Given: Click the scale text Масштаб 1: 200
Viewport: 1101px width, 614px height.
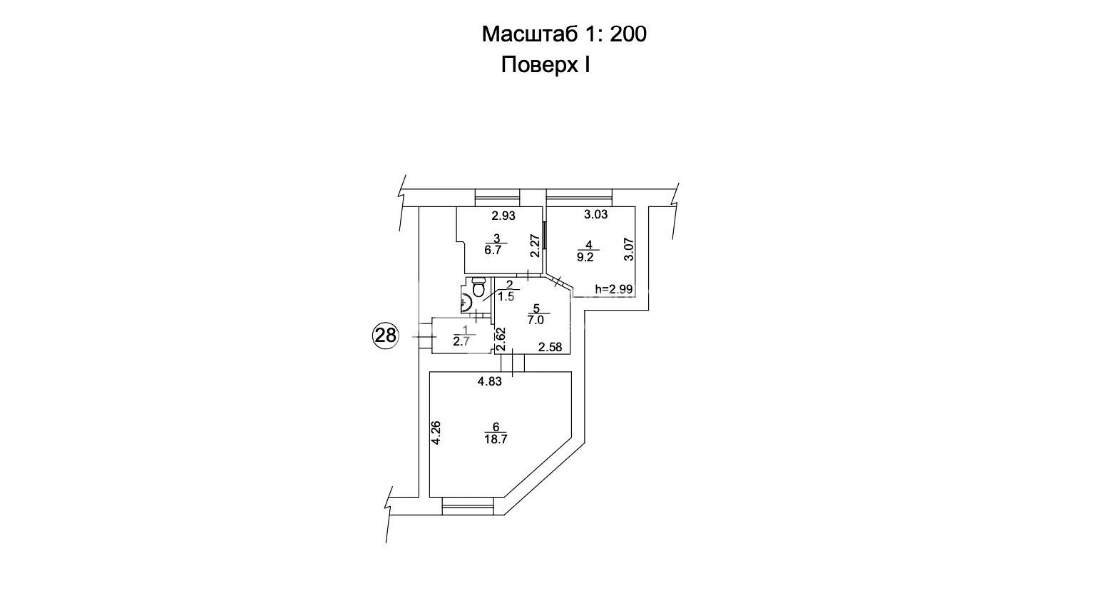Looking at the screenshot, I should [564, 34].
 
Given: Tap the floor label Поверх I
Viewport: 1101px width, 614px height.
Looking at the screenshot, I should [546, 66].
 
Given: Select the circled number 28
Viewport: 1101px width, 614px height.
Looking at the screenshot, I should [386, 335].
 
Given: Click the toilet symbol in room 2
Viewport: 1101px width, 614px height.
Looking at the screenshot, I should [478, 289].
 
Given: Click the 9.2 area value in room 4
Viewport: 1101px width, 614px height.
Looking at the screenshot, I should [585, 258].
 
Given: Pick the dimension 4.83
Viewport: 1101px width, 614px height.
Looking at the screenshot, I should [490, 381].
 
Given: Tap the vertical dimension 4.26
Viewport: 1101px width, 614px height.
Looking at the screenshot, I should [436, 433].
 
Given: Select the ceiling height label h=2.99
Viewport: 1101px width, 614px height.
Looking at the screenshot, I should [614, 289].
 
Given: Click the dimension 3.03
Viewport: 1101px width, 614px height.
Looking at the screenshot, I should [596, 214].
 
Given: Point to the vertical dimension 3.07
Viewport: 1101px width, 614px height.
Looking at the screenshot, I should [629, 250].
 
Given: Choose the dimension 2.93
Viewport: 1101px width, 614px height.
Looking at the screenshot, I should [503, 215].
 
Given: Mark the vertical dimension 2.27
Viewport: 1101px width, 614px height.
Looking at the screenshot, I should [535, 246].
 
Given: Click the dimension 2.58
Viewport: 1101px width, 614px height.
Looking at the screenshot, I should [550, 348].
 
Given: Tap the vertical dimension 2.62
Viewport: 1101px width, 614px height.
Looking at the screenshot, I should [501, 339].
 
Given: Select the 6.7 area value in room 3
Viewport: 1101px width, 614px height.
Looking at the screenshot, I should [493, 251].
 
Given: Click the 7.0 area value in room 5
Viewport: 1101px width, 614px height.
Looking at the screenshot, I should [536, 321].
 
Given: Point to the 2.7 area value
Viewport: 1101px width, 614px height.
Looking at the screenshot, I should [461, 342].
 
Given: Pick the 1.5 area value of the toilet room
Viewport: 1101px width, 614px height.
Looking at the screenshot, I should [506, 296].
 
